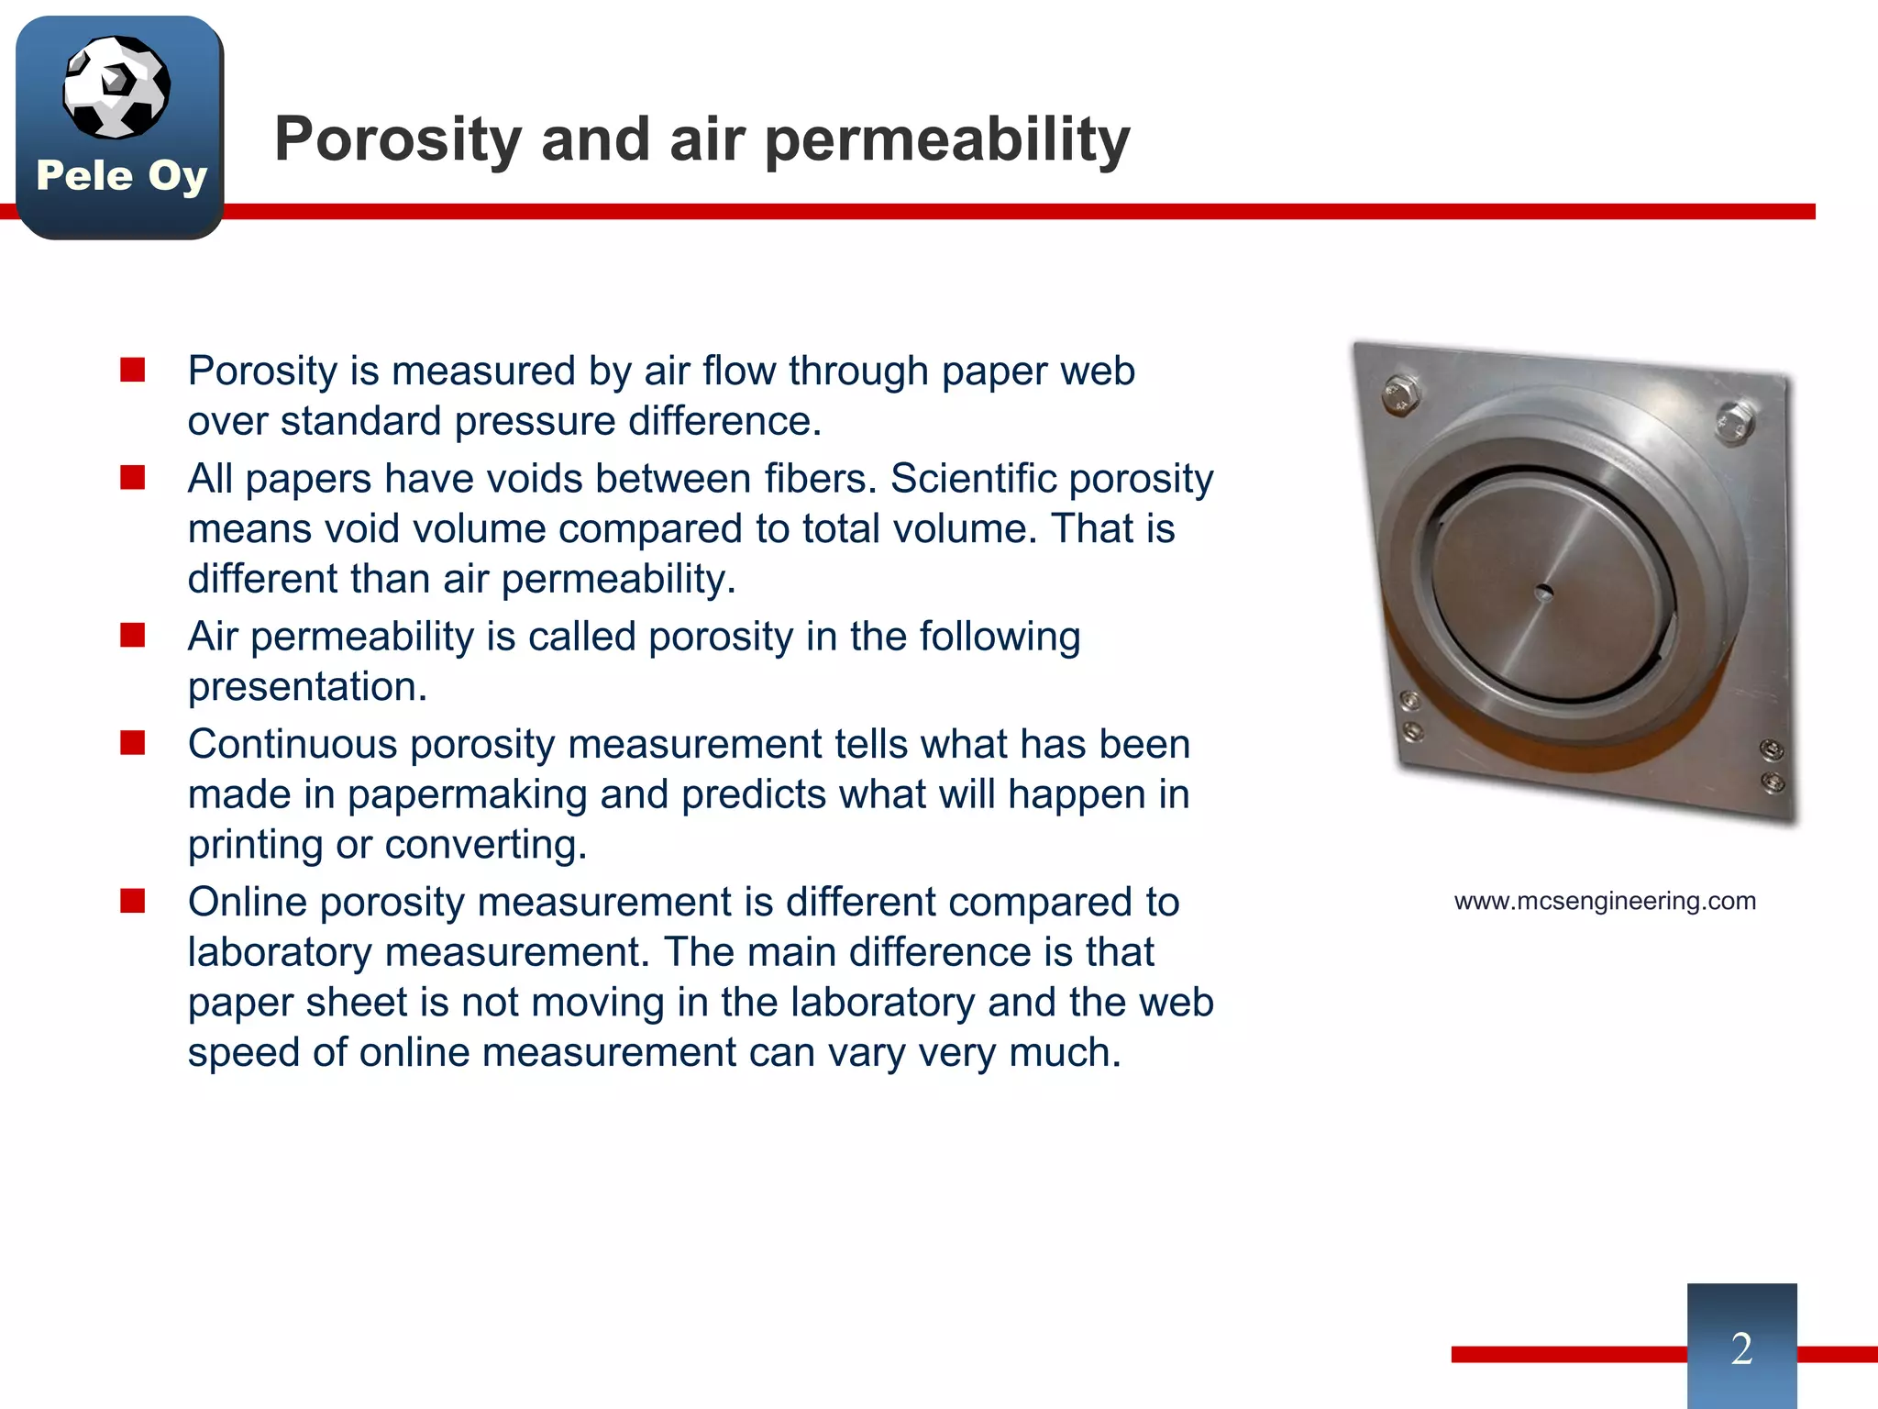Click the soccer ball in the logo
pos(116,87)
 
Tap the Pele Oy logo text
pos(121,175)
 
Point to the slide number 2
pos(1741,1348)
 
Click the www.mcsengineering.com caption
pos(1605,901)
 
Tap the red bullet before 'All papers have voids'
pos(133,478)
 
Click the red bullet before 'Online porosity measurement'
pos(133,902)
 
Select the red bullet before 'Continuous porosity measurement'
pos(133,743)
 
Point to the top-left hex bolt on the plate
pos(1399,395)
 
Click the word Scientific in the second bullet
pos(973,479)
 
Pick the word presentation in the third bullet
pos(307,687)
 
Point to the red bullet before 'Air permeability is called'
pos(133,636)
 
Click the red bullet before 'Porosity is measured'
pos(133,371)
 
